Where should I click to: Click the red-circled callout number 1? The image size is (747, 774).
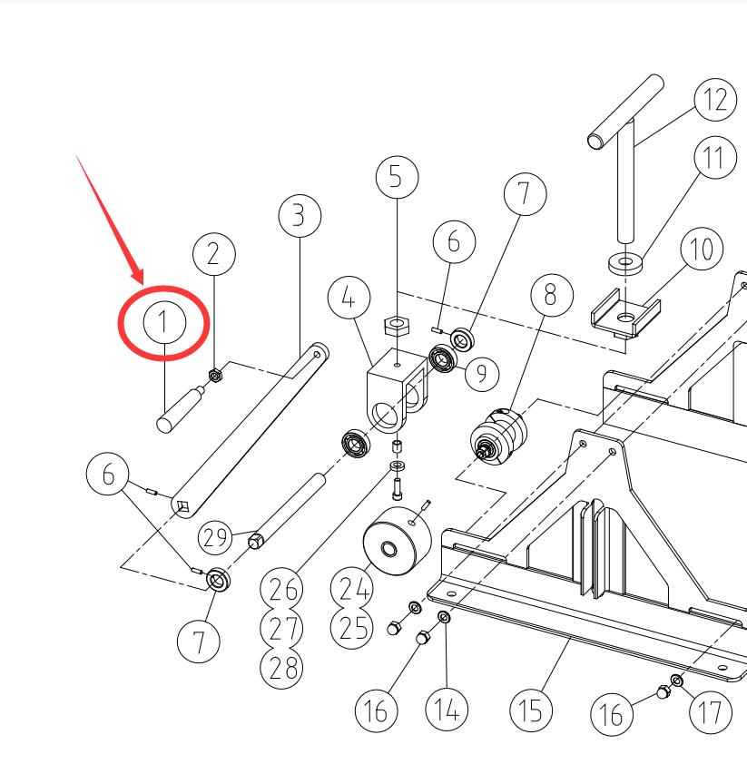pos(164,321)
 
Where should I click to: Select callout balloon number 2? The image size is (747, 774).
pos(213,254)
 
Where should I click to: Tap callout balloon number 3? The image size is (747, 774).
pos(300,216)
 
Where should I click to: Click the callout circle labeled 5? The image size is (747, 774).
pos(396,176)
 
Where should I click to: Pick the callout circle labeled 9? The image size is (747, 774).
pos(480,372)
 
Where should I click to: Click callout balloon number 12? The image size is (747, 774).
pos(715,98)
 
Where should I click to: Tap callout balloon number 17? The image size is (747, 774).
pos(710,712)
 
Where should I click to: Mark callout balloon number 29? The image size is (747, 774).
pos(217,537)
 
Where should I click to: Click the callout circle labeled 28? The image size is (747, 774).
pos(281,667)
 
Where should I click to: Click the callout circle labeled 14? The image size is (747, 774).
pos(447,709)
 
